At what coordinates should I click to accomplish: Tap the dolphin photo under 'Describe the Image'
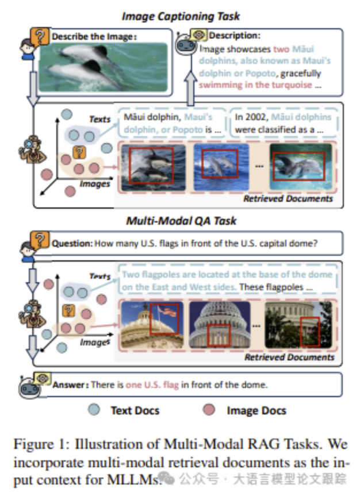[103, 68]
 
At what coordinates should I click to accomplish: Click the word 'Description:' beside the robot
[234, 36]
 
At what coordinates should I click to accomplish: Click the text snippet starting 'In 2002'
[284, 124]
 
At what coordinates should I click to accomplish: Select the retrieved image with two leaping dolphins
[150, 166]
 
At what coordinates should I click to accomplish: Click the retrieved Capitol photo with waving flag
[150, 324]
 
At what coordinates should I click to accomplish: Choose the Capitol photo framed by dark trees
[299, 324]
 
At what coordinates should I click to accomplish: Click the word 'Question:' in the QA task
[72, 244]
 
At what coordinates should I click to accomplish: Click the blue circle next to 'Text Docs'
[96, 410]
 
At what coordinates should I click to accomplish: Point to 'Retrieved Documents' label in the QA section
[289, 357]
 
